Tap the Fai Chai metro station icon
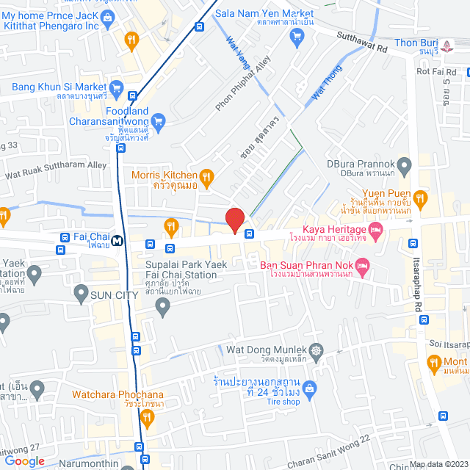(x=117, y=239)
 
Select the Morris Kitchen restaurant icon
(x=206, y=176)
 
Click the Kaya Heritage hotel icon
(x=376, y=232)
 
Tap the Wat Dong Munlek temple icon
(x=317, y=350)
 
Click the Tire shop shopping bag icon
(x=310, y=387)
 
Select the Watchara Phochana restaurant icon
(x=148, y=418)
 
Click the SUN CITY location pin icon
(x=81, y=294)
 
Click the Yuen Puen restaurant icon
(x=419, y=197)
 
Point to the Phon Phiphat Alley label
(x=243, y=84)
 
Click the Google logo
(x=24, y=460)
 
